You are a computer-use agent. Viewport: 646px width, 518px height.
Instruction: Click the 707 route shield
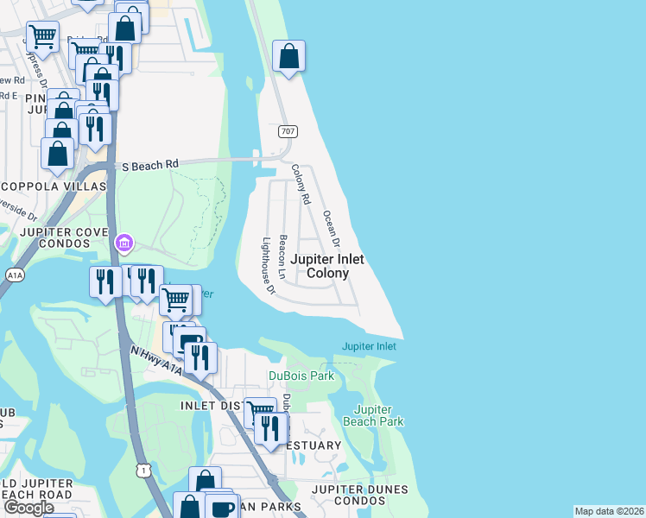pyautogui.click(x=288, y=131)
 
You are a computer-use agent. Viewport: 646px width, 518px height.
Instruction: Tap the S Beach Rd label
pyautogui.click(x=149, y=164)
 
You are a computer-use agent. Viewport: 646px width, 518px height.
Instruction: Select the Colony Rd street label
pyautogui.click(x=301, y=184)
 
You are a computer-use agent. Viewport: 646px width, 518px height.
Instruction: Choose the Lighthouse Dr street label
pyautogui.click(x=268, y=266)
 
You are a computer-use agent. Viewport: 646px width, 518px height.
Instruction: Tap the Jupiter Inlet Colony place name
pyautogui.click(x=327, y=266)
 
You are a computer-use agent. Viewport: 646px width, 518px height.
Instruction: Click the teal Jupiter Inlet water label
pyautogui.click(x=369, y=346)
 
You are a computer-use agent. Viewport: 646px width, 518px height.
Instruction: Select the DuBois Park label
pyautogui.click(x=301, y=376)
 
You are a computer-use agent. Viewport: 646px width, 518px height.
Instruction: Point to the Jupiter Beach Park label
pyautogui.click(x=379, y=415)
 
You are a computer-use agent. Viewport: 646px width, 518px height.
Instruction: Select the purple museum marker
pyautogui.click(x=124, y=243)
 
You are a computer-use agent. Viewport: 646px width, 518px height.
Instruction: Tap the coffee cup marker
pyautogui.click(x=223, y=507)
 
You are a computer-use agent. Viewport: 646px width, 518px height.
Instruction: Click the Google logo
pyautogui.click(x=28, y=508)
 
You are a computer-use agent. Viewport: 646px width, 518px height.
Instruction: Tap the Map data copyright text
pyautogui.click(x=610, y=511)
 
